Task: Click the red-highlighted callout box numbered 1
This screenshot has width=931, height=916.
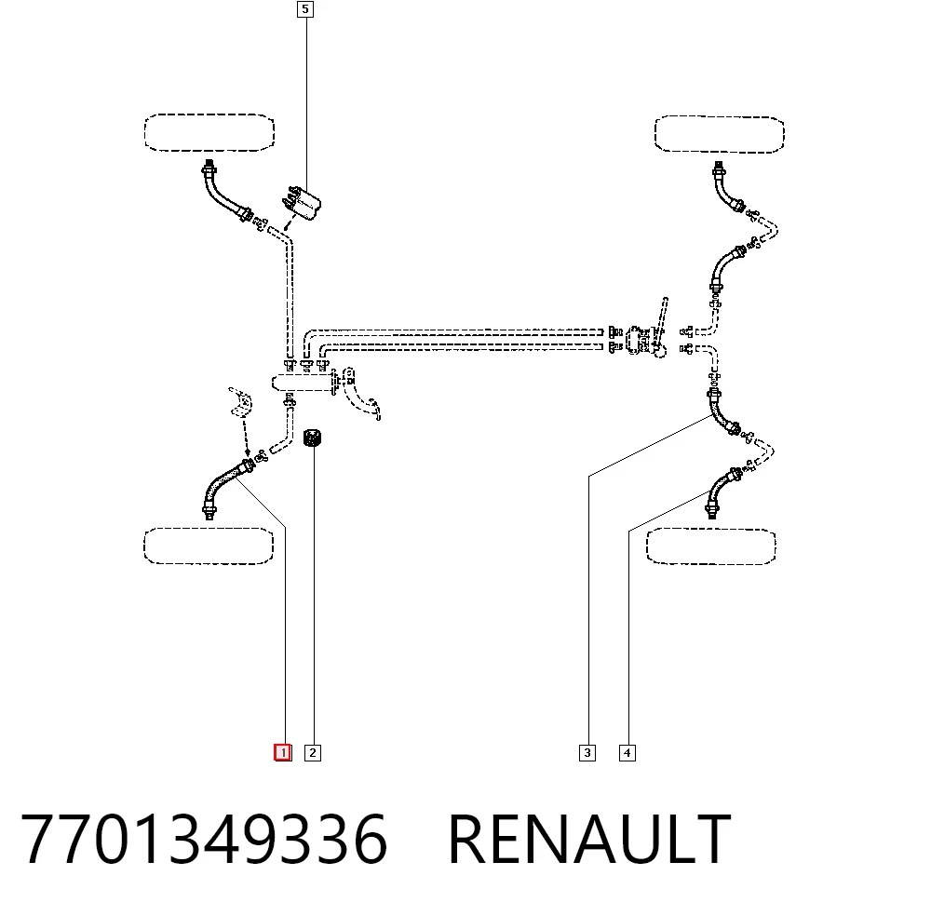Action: pyautogui.click(x=283, y=753)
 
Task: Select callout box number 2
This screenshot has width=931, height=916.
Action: pyautogui.click(x=312, y=753)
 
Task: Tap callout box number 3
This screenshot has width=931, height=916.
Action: pyautogui.click(x=587, y=753)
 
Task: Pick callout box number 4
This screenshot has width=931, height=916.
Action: pyautogui.click(x=627, y=753)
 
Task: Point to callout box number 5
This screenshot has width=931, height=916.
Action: pyautogui.click(x=305, y=9)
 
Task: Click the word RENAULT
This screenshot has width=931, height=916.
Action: pyautogui.click(x=589, y=840)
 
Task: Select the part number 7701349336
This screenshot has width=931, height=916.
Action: pyautogui.click(x=204, y=840)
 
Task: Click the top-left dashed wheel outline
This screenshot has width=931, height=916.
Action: pyautogui.click(x=209, y=132)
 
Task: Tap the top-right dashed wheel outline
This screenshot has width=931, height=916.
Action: pyautogui.click(x=719, y=134)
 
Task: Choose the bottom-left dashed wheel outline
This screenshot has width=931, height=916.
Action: pyautogui.click(x=209, y=546)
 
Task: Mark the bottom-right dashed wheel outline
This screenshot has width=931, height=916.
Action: pyautogui.click(x=710, y=546)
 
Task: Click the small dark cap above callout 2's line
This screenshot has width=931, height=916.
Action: pyautogui.click(x=312, y=438)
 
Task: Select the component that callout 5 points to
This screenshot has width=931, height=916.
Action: pyautogui.click(x=302, y=203)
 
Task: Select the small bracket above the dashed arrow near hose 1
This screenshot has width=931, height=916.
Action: pyautogui.click(x=240, y=401)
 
